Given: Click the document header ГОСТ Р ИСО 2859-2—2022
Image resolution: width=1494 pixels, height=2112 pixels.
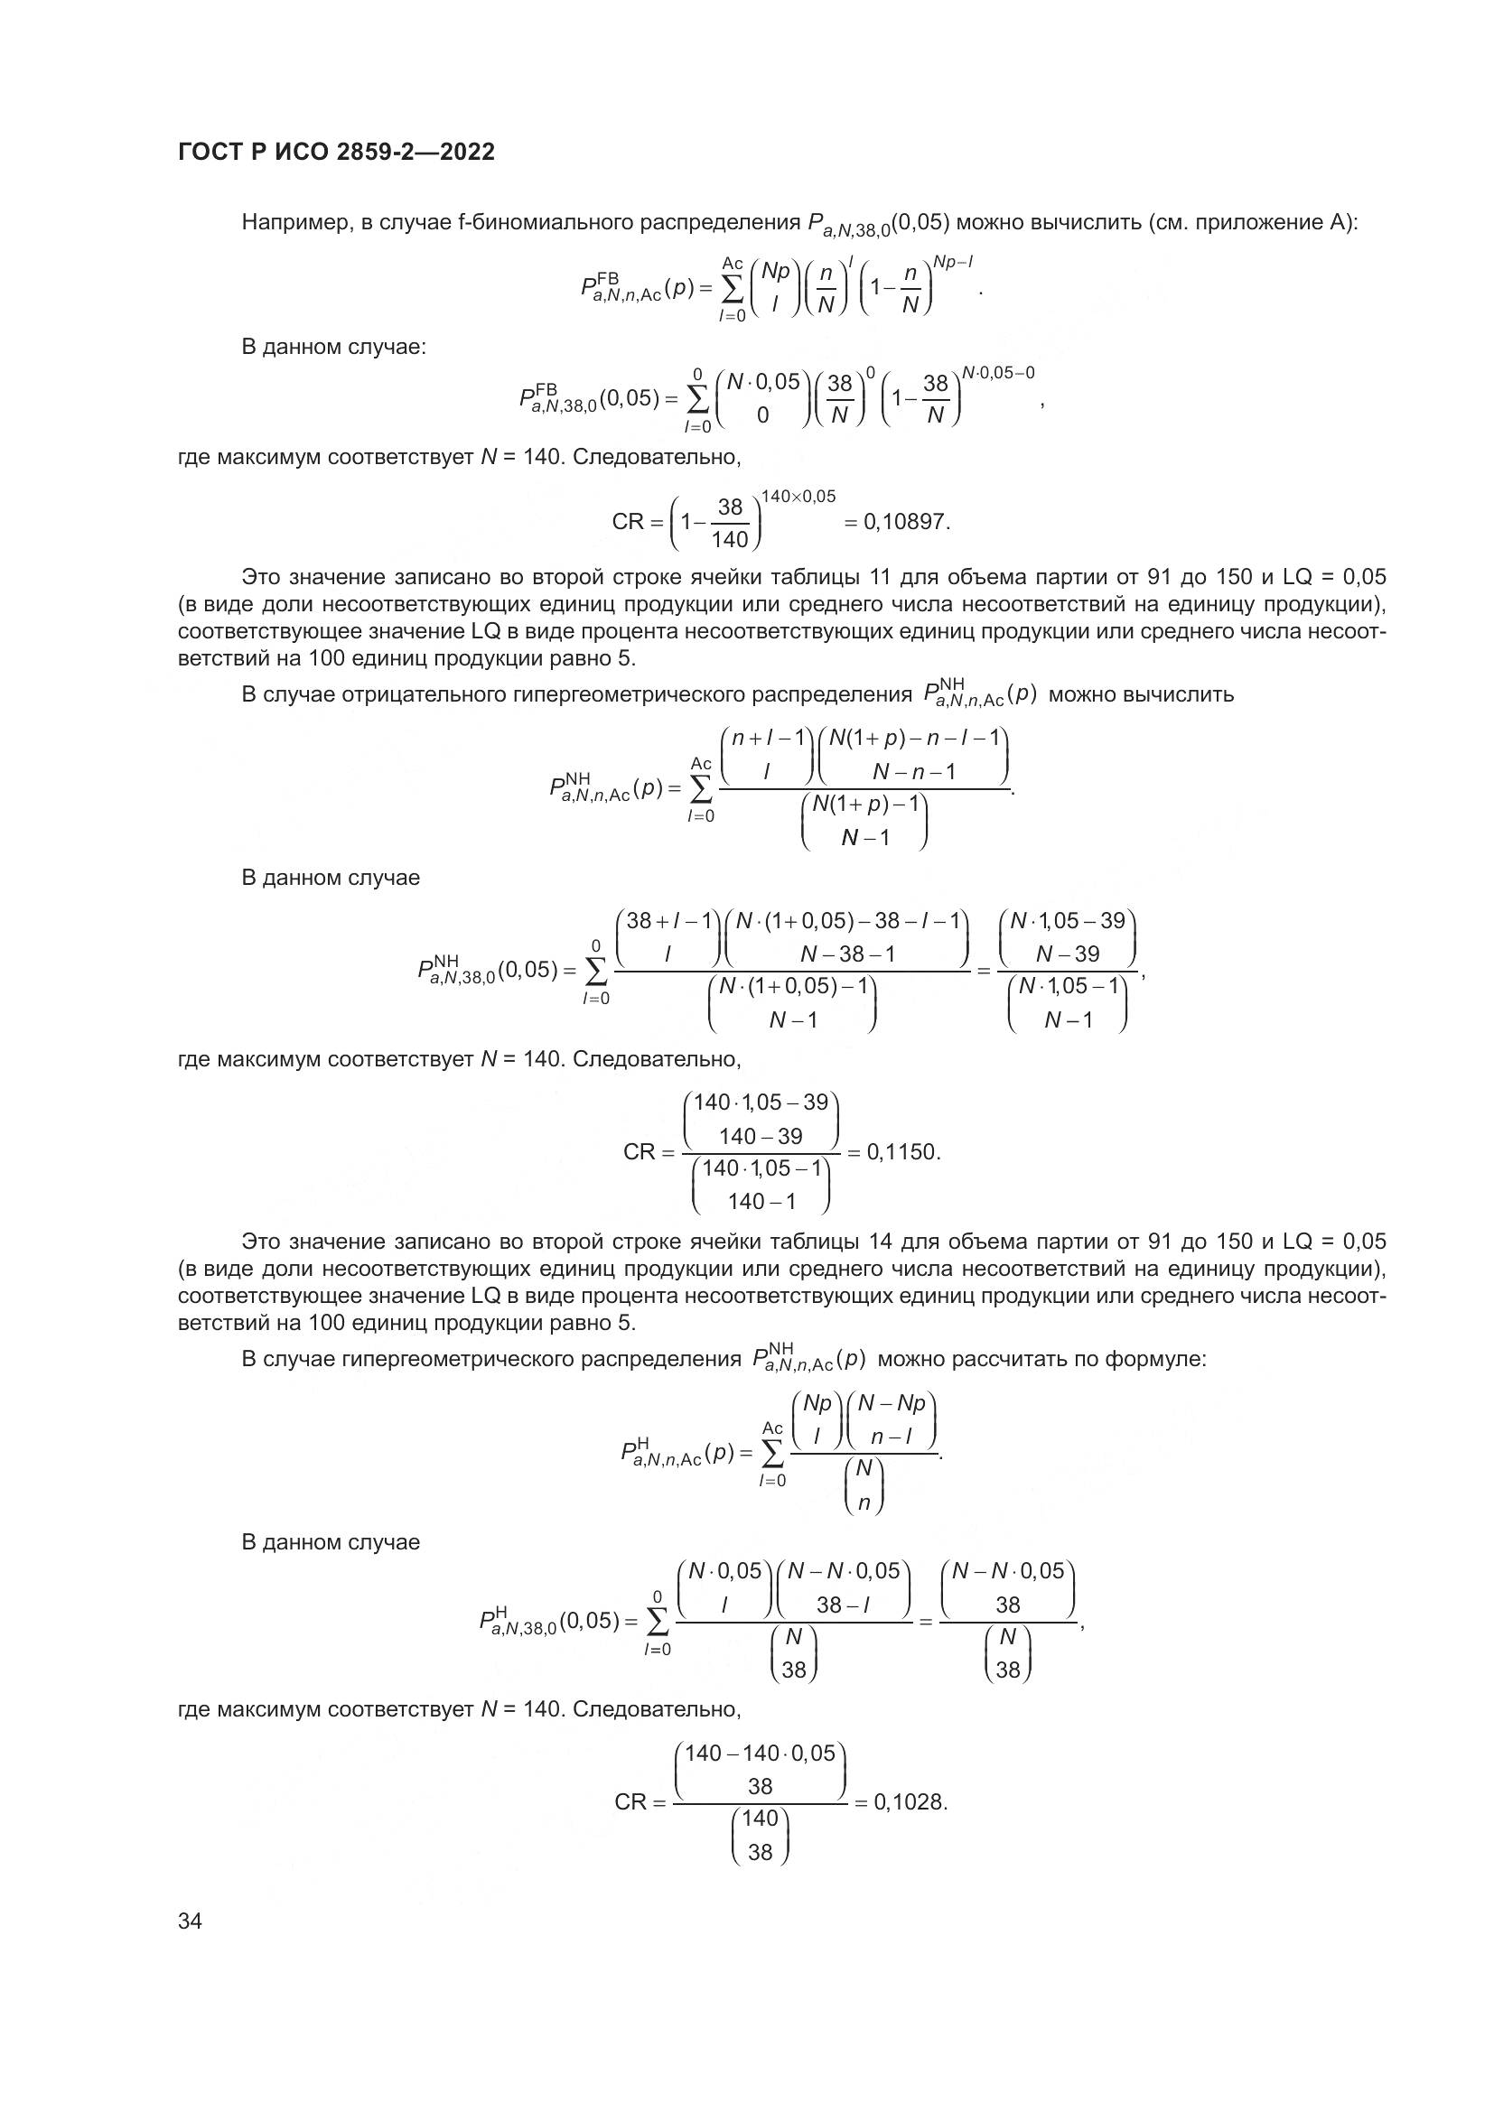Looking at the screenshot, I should click(x=336, y=153).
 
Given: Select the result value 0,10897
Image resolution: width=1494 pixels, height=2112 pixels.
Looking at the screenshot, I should click(x=904, y=523).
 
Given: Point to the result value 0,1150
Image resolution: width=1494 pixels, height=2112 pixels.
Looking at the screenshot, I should click(x=903, y=1151).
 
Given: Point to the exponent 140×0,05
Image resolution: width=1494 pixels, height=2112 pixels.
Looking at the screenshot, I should click(x=798, y=497).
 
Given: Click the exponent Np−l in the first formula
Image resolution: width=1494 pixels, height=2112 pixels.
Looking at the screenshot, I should click(x=954, y=262).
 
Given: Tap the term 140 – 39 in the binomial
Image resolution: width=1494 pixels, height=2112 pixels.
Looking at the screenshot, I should click(x=761, y=1136).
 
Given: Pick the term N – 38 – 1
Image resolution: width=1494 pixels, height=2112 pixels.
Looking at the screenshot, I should click(x=847, y=954).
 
